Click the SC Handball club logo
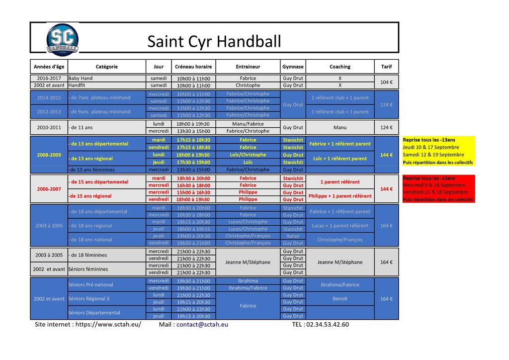(x=62, y=39)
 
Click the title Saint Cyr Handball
(x=214, y=41)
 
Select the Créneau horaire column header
(x=193, y=67)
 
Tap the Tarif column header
(x=386, y=67)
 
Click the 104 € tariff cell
(x=386, y=82)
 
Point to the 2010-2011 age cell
(x=49, y=127)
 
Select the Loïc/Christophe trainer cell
(x=248, y=155)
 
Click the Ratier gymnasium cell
(x=293, y=236)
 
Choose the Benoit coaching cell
(x=340, y=299)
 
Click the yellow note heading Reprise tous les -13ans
(x=429, y=140)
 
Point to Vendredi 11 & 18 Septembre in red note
(x=435, y=192)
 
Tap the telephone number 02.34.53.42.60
(x=328, y=325)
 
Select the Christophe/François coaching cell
(x=340, y=240)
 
